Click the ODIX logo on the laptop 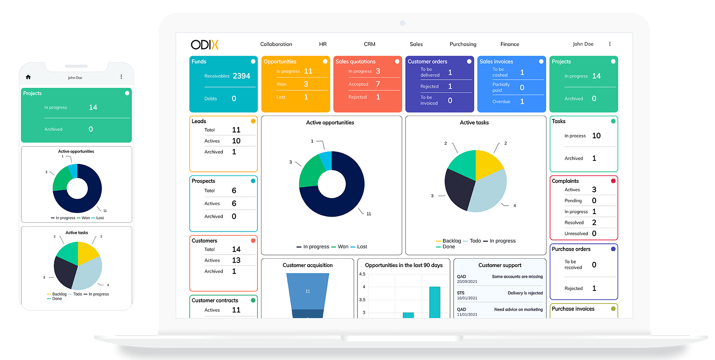click(x=205, y=45)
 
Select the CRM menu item click(x=369, y=44)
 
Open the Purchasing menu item click(x=463, y=44)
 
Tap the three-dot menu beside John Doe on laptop click(x=610, y=44)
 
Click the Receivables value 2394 click(x=241, y=76)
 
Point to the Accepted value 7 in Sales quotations click(x=378, y=84)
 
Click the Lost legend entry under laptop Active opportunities click(x=361, y=247)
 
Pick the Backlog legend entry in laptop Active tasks click(x=451, y=241)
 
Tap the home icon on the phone click(x=28, y=77)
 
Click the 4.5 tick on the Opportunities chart click(x=362, y=274)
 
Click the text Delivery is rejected click(x=525, y=293)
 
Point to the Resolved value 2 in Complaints click(x=594, y=223)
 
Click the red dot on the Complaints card click(x=613, y=181)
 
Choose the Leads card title click(x=199, y=121)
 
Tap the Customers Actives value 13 click(x=236, y=260)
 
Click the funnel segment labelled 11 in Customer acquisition click(x=307, y=291)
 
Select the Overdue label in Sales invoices click(x=501, y=102)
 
